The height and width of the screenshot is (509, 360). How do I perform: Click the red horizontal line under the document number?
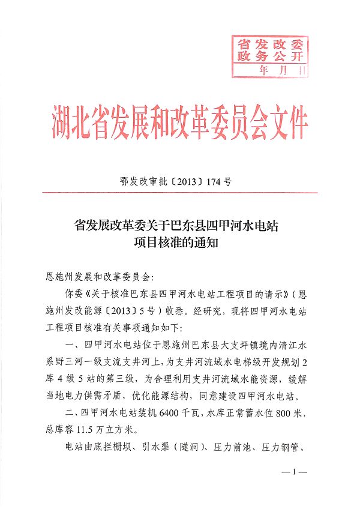[180, 193]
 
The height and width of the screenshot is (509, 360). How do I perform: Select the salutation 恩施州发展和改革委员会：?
[100, 278]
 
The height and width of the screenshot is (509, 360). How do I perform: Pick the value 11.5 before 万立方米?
[92, 430]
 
